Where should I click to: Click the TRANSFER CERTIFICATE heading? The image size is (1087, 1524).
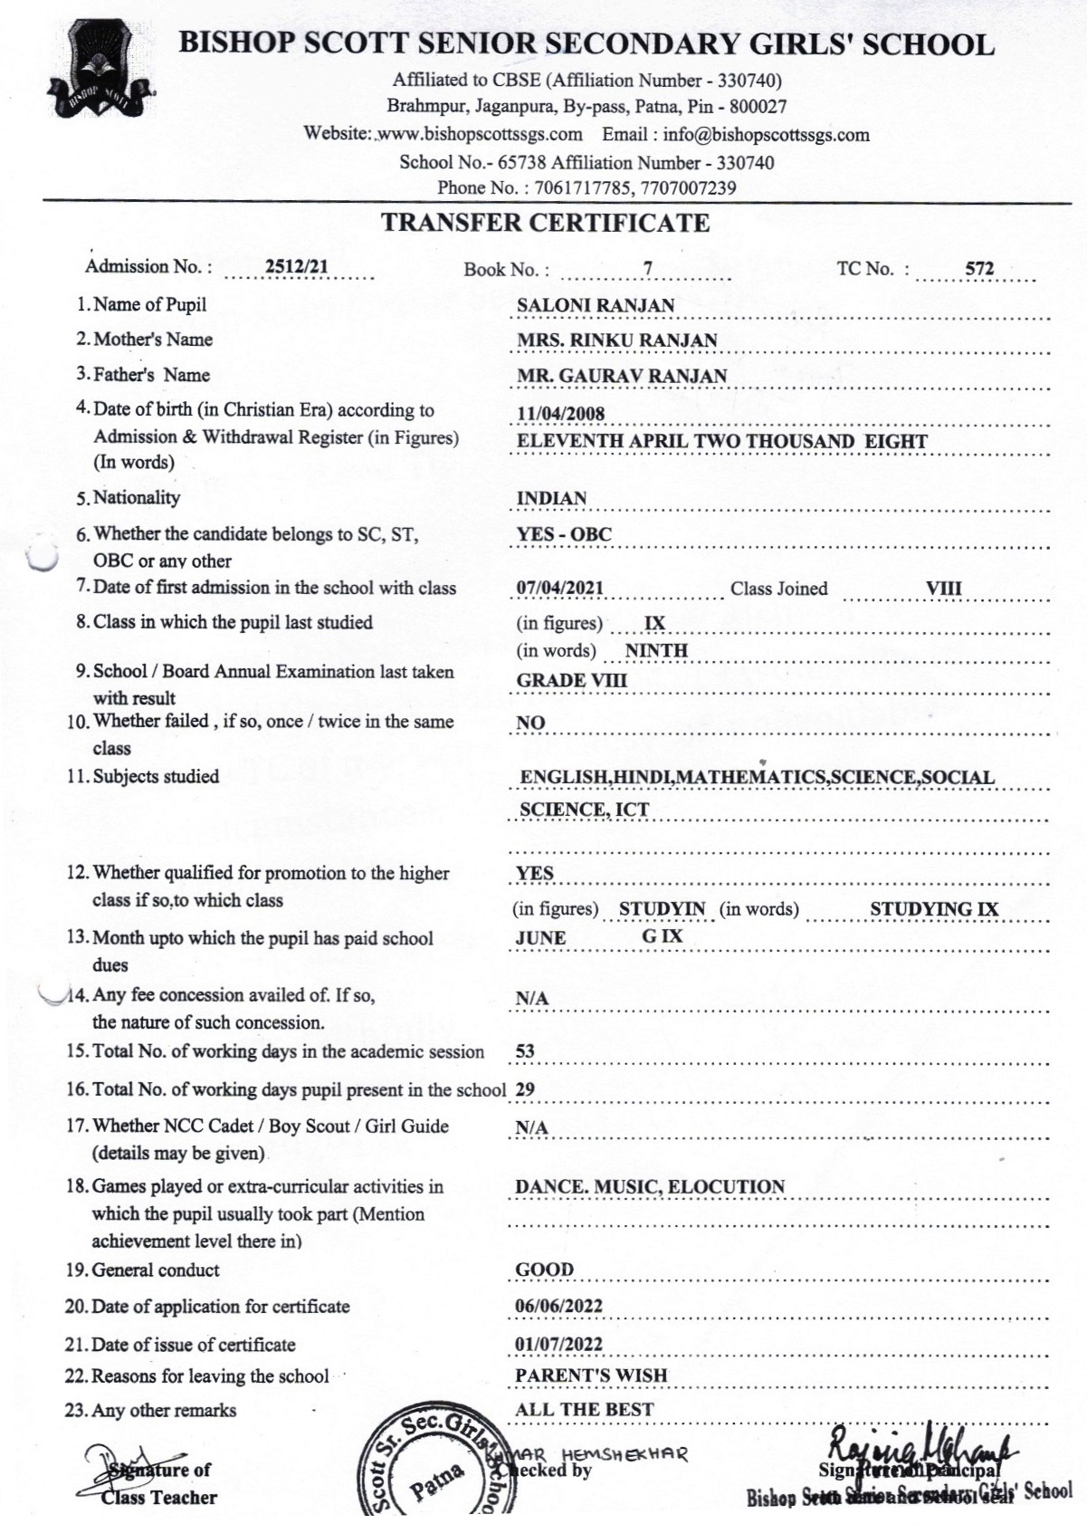545,223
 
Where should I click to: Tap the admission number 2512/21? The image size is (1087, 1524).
297,266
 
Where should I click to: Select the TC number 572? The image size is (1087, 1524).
978,268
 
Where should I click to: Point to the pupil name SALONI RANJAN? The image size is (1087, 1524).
596,305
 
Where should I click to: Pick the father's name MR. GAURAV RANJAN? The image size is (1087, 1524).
622,376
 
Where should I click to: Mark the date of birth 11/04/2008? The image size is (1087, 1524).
560,414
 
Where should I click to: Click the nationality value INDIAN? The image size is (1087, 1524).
551,499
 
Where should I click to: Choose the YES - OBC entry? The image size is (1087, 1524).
564,534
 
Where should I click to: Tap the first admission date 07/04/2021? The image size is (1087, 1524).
559,588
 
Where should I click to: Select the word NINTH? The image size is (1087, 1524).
656,650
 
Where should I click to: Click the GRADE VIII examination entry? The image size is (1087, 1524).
571,681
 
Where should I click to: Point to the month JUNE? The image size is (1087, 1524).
540,938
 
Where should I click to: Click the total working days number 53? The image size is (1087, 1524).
525,1051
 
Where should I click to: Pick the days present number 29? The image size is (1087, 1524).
525,1090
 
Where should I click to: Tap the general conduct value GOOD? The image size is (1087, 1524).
544,1270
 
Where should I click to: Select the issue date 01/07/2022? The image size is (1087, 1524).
558,1344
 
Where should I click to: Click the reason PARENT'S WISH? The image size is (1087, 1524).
591,1375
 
